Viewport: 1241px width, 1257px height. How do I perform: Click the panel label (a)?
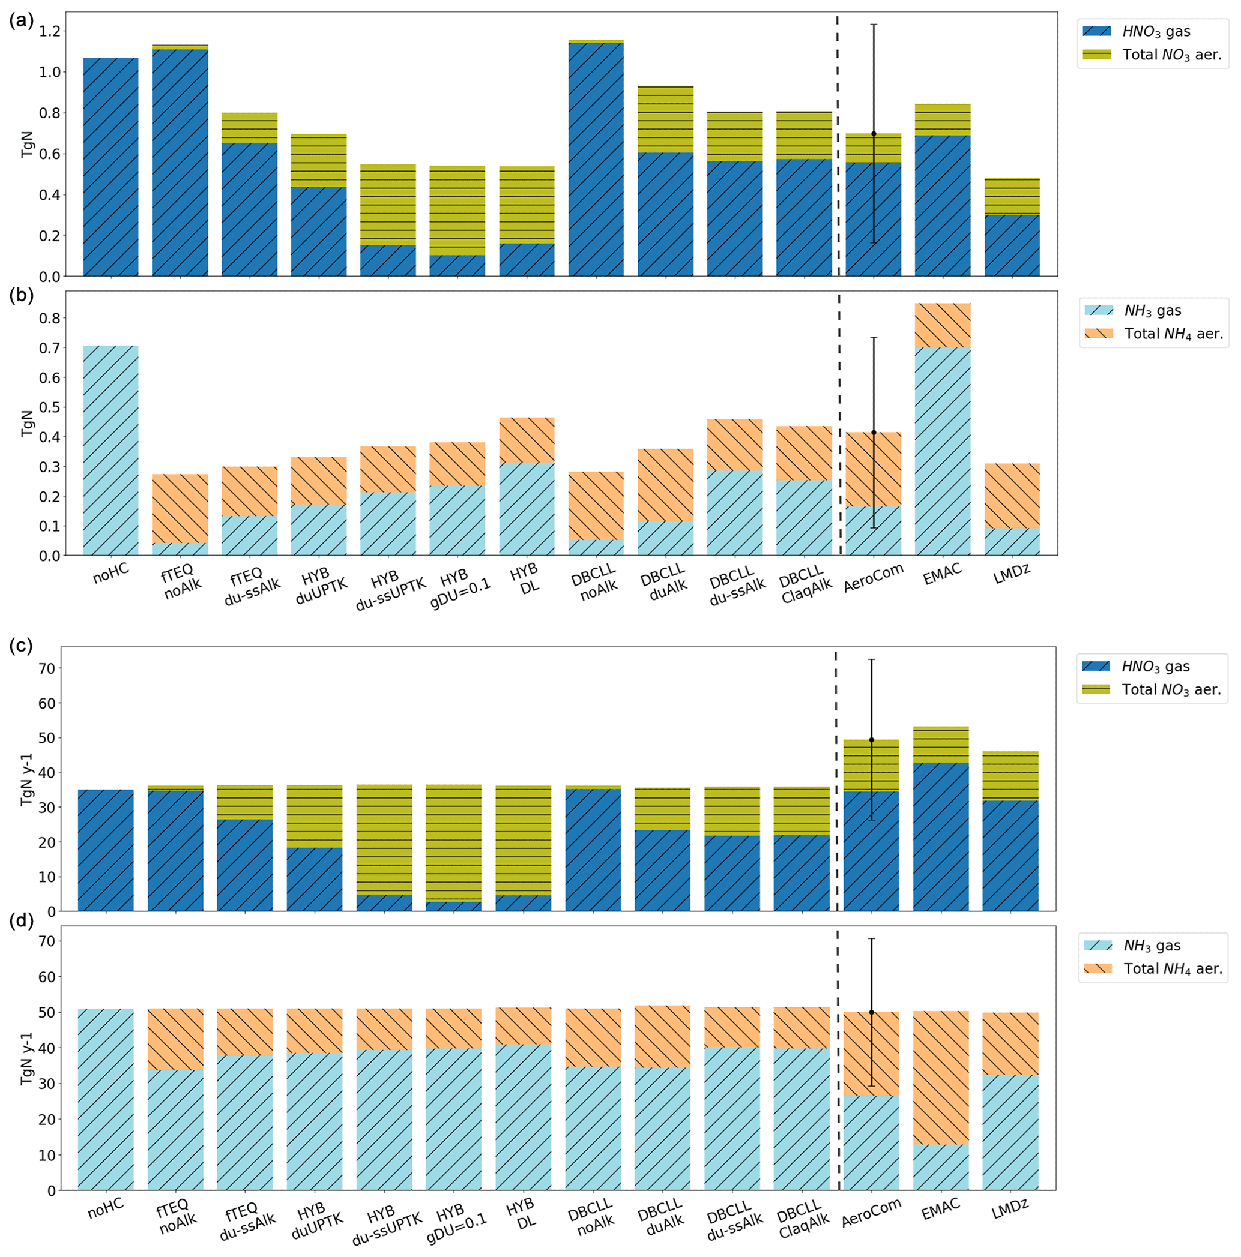[22, 21]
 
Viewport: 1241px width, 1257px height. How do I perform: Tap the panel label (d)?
[22, 923]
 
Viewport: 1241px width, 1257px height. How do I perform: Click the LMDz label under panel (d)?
[1010, 1208]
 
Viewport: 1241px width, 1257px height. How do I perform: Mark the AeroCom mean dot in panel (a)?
[874, 133]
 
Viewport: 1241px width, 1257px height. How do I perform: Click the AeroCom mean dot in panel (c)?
[871, 740]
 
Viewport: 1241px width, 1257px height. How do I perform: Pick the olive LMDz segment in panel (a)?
[1012, 196]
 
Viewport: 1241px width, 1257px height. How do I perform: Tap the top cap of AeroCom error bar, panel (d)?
[871, 939]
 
